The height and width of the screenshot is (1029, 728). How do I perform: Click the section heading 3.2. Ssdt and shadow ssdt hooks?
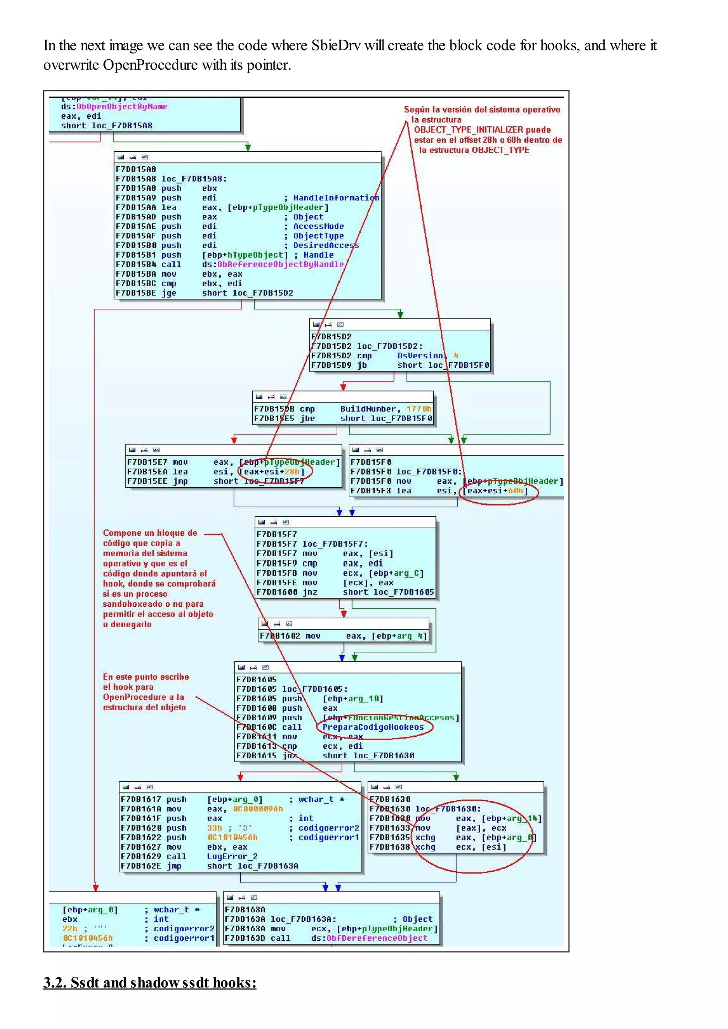point(150,982)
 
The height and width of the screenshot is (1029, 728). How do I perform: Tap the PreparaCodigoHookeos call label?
point(373,727)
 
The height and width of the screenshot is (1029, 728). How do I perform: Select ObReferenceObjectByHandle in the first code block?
point(280,264)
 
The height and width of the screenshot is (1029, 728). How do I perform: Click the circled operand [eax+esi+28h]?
point(272,471)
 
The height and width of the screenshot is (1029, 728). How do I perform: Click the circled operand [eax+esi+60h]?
point(495,491)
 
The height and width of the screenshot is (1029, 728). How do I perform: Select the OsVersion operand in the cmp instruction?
point(420,356)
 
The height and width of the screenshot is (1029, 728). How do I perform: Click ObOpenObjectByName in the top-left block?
point(122,107)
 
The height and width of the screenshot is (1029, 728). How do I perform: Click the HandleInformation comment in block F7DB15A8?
point(336,197)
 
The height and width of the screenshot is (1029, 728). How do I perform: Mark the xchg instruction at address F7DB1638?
point(425,847)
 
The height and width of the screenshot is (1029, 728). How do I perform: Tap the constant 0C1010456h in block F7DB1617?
point(232,838)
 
